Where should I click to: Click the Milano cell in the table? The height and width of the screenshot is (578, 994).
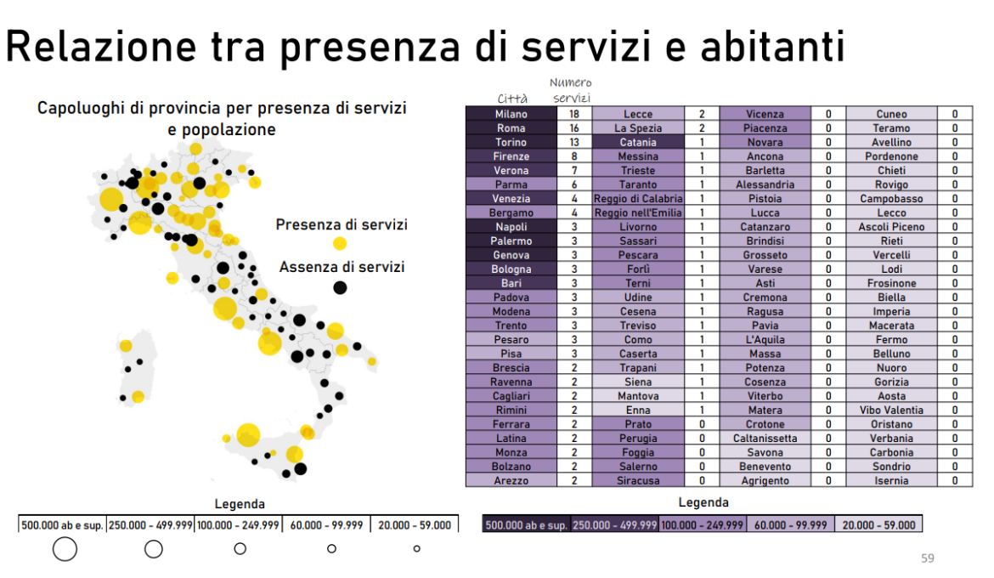[x=511, y=114]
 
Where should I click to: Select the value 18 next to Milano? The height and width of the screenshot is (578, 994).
[x=574, y=114]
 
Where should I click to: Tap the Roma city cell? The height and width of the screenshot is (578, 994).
[x=511, y=128]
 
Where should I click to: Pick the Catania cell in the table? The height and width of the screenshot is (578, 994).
[x=638, y=142]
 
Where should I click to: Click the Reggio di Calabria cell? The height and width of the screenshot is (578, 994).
[x=638, y=199]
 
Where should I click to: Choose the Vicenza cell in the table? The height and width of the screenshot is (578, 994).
[x=765, y=114]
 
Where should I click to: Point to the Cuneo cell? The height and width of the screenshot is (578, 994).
[x=891, y=114]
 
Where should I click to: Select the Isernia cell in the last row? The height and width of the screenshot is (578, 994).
[x=891, y=480]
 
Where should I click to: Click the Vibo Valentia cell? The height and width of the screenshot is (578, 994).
[x=891, y=410]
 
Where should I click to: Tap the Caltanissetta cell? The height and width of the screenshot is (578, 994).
[x=765, y=438]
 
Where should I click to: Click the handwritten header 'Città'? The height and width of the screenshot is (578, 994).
[x=512, y=99]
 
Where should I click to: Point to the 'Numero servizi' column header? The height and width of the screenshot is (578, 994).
[x=570, y=90]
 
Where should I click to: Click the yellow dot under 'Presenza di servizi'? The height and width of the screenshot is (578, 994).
[x=340, y=244]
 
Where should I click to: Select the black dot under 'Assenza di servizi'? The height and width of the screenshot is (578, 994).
[x=340, y=287]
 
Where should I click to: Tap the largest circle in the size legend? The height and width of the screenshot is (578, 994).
[x=65, y=549]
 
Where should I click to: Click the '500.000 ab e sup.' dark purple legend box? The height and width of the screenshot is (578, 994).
[x=527, y=525]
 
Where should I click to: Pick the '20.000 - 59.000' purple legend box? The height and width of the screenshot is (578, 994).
[x=878, y=525]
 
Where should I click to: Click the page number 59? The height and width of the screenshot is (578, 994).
[x=928, y=558]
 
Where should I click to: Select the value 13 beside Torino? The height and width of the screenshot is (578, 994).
[x=574, y=142]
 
